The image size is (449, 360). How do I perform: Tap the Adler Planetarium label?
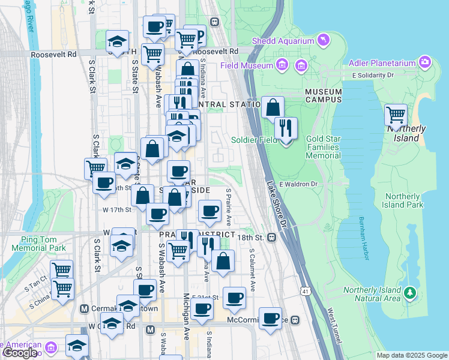(x=384, y=63)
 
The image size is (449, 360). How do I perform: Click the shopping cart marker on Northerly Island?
(x=396, y=114)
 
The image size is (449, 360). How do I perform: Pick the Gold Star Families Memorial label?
(x=323, y=147)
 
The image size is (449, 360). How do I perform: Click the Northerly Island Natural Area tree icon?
(x=410, y=293)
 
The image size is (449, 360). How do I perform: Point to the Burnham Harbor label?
(x=362, y=238)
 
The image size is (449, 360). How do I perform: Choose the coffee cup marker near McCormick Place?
(x=270, y=317)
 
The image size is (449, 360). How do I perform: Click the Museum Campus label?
(x=323, y=95)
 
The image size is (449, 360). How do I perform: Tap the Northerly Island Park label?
(x=403, y=200)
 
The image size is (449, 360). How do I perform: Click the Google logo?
(x=20, y=353)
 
